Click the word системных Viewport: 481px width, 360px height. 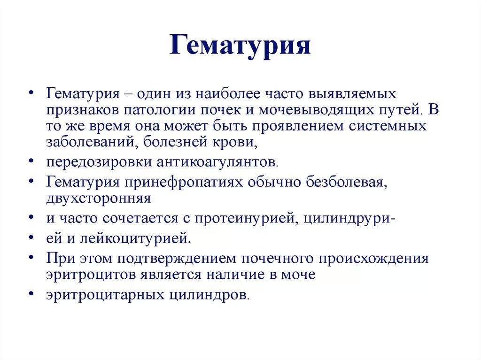click(x=389, y=126)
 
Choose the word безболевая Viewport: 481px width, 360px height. click(x=347, y=182)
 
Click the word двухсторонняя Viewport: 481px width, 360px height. click(x=99, y=198)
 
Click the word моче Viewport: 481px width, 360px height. click(x=298, y=274)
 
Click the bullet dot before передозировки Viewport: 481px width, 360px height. click(x=31, y=161)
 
